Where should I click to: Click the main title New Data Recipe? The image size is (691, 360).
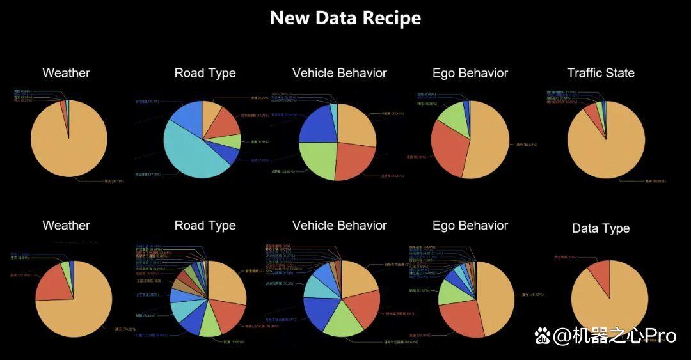345,18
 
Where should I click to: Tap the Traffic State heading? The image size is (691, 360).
600,73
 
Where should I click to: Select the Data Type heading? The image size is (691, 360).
600,228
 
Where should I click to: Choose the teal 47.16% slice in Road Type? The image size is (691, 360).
192,153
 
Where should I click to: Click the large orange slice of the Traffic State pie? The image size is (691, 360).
608,144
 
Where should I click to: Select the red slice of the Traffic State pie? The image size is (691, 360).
591,113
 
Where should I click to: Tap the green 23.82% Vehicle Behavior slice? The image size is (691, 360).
319,160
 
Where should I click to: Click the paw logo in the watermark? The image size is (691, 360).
543,335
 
